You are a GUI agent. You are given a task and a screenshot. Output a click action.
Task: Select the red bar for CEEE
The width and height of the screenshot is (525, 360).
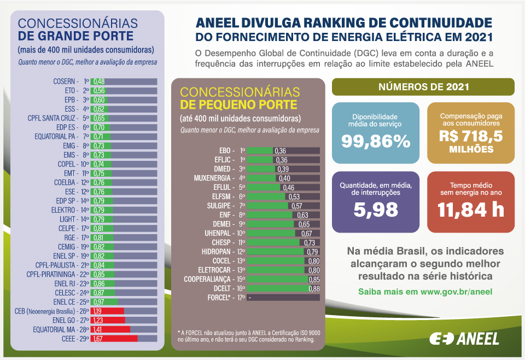pyautogui.click(x=118, y=339)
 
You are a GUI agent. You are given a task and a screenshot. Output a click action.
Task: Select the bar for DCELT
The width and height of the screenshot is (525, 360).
pyautogui.click(x=278, y=288)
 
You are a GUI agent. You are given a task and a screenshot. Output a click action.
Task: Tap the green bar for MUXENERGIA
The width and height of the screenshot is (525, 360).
pyautogui.click(x=261, y=178)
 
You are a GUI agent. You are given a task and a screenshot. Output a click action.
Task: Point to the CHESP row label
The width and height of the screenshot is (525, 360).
pyautogui.click(x=223, y=242)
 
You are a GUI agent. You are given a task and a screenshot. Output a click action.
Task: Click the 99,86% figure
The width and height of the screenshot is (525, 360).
pyautogui.click(x=376, y=141)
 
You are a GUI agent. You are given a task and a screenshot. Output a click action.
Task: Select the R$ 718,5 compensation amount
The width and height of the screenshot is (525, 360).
pyautogui.click(x=470, y=136)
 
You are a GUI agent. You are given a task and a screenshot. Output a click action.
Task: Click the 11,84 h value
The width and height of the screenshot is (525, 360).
pyautogui.click(x=470, y=208)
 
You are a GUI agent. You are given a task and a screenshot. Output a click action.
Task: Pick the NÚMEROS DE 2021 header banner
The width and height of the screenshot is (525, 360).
pyautogui.click(x=423, y=87)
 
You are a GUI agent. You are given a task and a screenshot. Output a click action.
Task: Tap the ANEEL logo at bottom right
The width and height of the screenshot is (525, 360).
pyautogui.click(x=464, y=339)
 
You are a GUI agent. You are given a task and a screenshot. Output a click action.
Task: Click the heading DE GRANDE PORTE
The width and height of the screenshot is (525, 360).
pyautogui.click(x=75, y=36)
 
